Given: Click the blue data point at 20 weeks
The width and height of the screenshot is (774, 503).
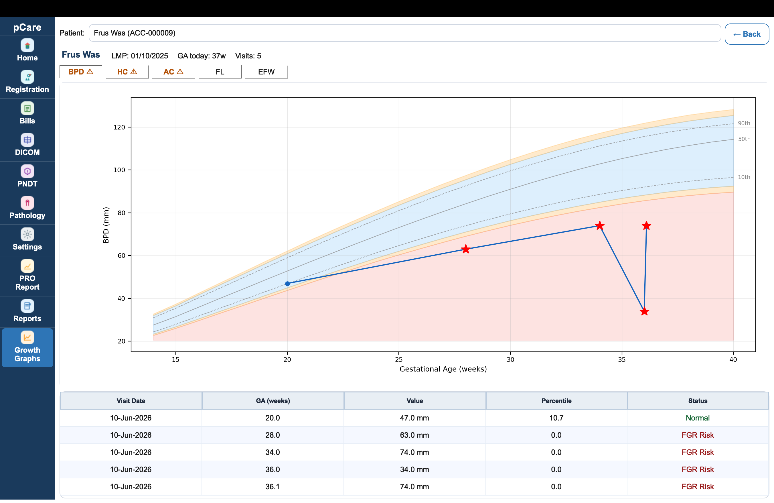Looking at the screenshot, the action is pyautogui.click(x=287, y=284).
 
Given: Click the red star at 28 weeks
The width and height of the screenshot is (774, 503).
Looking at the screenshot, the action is pyautogui.click(x=466, y=249).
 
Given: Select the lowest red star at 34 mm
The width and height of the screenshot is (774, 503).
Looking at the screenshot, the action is pyautogui.click(x=644, y=311).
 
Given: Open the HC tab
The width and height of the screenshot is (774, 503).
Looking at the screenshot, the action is pyautogui.click(x=127, y=72).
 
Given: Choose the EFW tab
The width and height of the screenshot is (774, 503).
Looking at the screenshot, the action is pyautogui.click(x=266, y=72).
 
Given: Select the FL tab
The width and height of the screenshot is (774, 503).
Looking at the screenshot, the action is pyautogui.click(x=220, y=72).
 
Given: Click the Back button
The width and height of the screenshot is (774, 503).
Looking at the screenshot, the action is pyautogui.click(x=747, y=34).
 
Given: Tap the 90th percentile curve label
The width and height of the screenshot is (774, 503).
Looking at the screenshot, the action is pyautogui.click(x=744, y=123).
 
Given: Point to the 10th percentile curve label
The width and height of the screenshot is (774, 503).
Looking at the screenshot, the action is pyautogui.click(x=744, y=177).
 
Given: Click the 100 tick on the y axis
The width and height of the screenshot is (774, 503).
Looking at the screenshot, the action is pyautogui.click(x=119, y=170).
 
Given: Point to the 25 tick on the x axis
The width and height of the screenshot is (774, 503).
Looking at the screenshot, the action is pyautogui.click(x=399, y=359).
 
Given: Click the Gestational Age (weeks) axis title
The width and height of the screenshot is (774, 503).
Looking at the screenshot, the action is pyautogui.click(x=443, y=369).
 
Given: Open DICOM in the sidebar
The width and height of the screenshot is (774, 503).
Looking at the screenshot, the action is pyautogui.click(x=27, y=145).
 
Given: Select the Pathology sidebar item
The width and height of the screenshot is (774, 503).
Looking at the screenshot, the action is pyautogui.click(x=27, y=208).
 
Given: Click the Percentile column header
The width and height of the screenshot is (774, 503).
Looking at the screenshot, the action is pyautogui.click(x=556, y=400).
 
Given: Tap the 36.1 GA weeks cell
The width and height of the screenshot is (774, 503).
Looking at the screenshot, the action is pyautogui.click(x=273, y=486).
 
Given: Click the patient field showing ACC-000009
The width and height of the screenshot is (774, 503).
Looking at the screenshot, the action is pyautogui.click(x=404, y=33).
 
